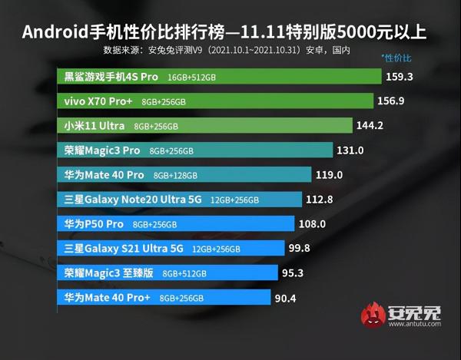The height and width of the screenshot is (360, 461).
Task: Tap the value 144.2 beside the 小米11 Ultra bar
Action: tap(370, 125)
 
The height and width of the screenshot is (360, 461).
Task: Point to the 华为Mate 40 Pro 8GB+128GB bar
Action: tap(184, 174)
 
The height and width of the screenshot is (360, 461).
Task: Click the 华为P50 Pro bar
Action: tap(176, 224)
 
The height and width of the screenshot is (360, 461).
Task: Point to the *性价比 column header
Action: tap(397, 58)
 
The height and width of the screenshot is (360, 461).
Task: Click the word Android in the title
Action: tap(56, 33)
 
